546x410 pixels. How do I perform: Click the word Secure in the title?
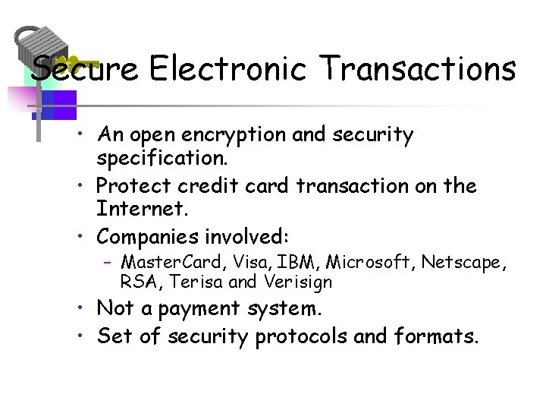pos(85,68)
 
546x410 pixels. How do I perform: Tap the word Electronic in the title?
pos(227,68)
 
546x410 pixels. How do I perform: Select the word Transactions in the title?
pos(419,68)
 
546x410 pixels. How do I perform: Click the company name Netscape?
pos(463,263)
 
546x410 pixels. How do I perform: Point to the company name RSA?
pos(140,282)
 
